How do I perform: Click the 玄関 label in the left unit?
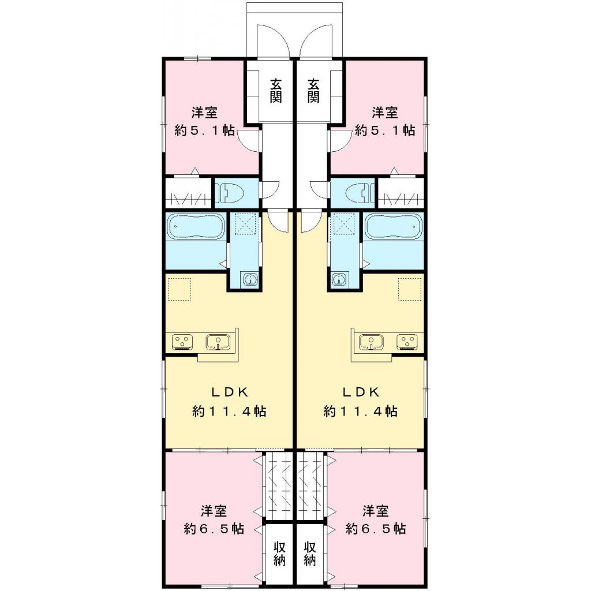pos(276,91)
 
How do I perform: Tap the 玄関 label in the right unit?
pos(313,91)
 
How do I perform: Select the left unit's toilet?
pos(230,194)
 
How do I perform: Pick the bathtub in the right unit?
pos(394,228)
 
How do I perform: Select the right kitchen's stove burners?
pos(406,342)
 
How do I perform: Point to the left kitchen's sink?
pos(218,342)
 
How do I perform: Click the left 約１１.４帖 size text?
pos(229,412)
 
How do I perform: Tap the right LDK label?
pos(361,392)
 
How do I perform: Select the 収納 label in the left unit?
pos(279,553)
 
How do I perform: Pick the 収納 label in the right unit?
pos(310,553)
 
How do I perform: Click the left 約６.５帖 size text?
pos(214,529)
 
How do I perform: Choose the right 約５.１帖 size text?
pos(385,130)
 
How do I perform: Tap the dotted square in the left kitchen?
pos(179,288)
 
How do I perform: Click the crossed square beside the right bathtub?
pos(346,224)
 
